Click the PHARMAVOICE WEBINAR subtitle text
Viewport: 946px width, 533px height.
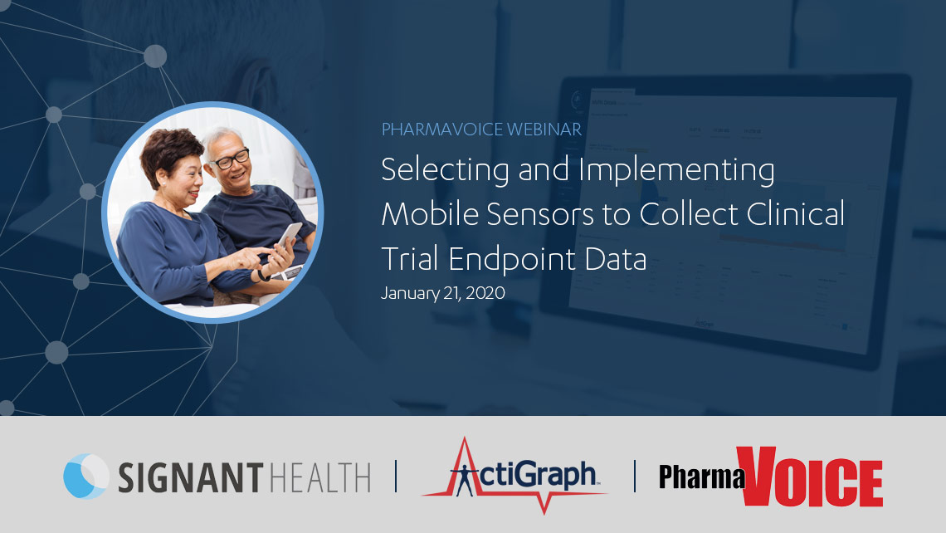tap(481, 130)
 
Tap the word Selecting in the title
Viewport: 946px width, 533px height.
tap(446, 170)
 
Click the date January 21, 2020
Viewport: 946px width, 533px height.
tap(443, 293)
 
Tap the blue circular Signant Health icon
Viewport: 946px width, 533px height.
tap(86, 477)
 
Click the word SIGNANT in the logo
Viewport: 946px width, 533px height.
tap(191, 477)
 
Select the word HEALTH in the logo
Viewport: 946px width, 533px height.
tap(319, 477)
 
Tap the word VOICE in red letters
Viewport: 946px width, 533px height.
tap(810, 477)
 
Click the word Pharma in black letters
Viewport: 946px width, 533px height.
tap(702, 477)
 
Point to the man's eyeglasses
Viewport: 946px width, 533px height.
tap(231, 159)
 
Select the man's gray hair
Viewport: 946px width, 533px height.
tap(222, 138)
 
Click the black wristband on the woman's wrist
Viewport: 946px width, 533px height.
tap(262, 276)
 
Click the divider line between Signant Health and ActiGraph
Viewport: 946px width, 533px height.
tap(397, 477)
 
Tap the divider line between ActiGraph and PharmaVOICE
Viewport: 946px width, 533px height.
tap(635, 477)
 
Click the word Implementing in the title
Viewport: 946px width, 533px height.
tap(676, 170)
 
